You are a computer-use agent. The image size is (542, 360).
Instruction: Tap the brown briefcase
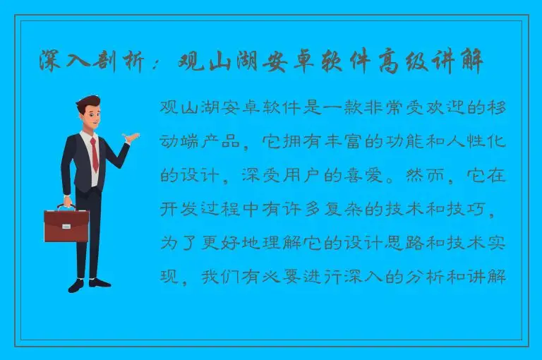64,225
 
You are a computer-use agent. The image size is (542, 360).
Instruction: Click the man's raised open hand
128,138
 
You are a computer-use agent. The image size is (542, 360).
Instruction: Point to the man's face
90,114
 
